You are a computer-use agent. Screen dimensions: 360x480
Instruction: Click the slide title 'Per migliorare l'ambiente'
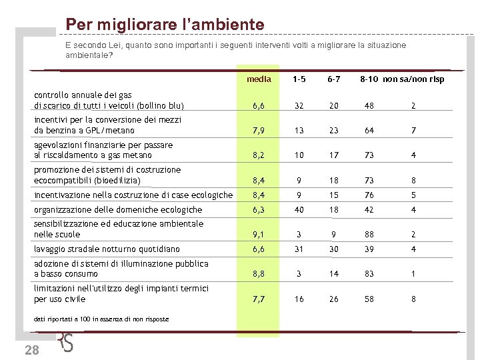tap(165, 25)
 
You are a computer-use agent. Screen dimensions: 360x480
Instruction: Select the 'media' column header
tap(259, 79)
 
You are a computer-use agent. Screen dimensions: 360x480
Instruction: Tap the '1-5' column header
tap(299, 79)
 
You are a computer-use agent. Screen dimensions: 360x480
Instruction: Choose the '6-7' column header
tap(334, 79)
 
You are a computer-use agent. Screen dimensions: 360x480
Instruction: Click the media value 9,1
tap(259, 235)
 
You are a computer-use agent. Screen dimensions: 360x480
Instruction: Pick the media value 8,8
tap(259, 274)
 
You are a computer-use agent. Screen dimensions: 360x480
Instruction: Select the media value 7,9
tap(259, 131)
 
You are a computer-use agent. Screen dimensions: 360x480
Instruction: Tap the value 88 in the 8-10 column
tap(369, 235)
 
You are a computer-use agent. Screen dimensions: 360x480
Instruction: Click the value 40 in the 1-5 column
tap(299, 210)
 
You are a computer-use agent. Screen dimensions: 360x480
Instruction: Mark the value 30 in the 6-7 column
tap(334, 249)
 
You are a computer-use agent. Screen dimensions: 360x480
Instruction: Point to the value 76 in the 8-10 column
tap(369, 195)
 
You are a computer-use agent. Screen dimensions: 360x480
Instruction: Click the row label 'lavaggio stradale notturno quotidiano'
tap(107, 249)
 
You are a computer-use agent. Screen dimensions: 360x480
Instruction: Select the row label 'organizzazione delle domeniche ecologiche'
tap(117, 210)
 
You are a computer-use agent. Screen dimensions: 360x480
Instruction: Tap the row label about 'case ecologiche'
tap(133, 195)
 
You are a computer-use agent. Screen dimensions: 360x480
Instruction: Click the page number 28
tap(31, 351)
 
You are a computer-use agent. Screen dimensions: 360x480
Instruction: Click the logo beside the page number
tap(66, 342)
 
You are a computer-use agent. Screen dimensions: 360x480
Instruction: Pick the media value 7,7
tap(259, 299)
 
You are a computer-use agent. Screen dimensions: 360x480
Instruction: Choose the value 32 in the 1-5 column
tap(299, 105)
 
